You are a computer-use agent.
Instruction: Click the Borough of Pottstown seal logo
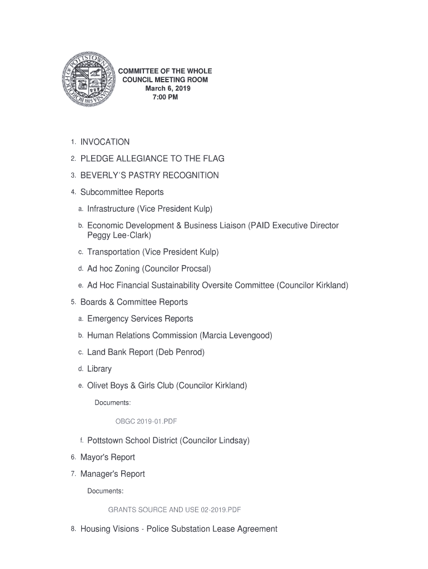click(88, 84)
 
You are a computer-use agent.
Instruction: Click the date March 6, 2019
click(165, 89)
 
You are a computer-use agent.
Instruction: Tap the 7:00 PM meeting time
click(165, 97)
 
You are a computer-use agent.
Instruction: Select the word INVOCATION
click(105, 142)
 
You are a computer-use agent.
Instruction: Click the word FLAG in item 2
click(214, 159)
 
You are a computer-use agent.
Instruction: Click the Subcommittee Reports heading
click(122, 192)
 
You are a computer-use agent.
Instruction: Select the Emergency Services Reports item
click(140, 319)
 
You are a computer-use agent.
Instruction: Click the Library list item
click(99, 369)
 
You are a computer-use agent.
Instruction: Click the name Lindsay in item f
click(230, 441)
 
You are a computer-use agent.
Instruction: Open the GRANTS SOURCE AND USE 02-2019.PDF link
click(174, 509)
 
